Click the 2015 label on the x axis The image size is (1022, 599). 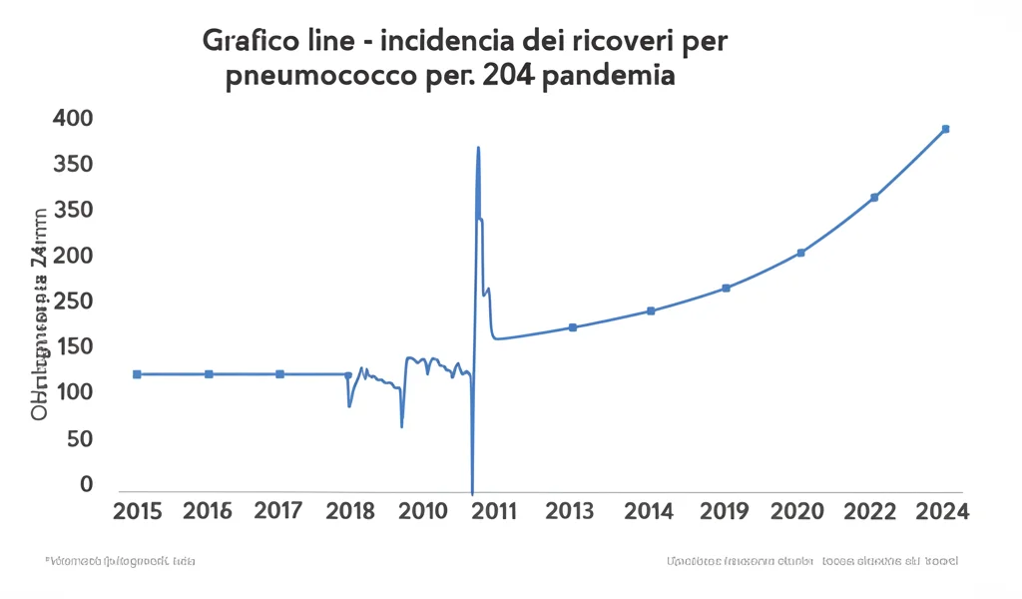coord(138,512)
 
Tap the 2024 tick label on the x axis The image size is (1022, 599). coord(943,512)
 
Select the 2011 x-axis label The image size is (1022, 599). coord(493,512)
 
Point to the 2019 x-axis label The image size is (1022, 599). coord(725,512)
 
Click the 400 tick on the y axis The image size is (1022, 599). coord(72,119)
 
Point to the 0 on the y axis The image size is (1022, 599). coord(86,484)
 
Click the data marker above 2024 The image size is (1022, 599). coord(945,129)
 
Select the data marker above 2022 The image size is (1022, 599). coord(874,198)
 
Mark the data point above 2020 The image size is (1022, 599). coord(800,253)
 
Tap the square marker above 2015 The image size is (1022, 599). coord(137,374)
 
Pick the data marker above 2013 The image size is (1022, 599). coord(572,327)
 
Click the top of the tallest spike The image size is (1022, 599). coord(478,148)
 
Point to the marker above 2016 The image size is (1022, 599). coord(209,374)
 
